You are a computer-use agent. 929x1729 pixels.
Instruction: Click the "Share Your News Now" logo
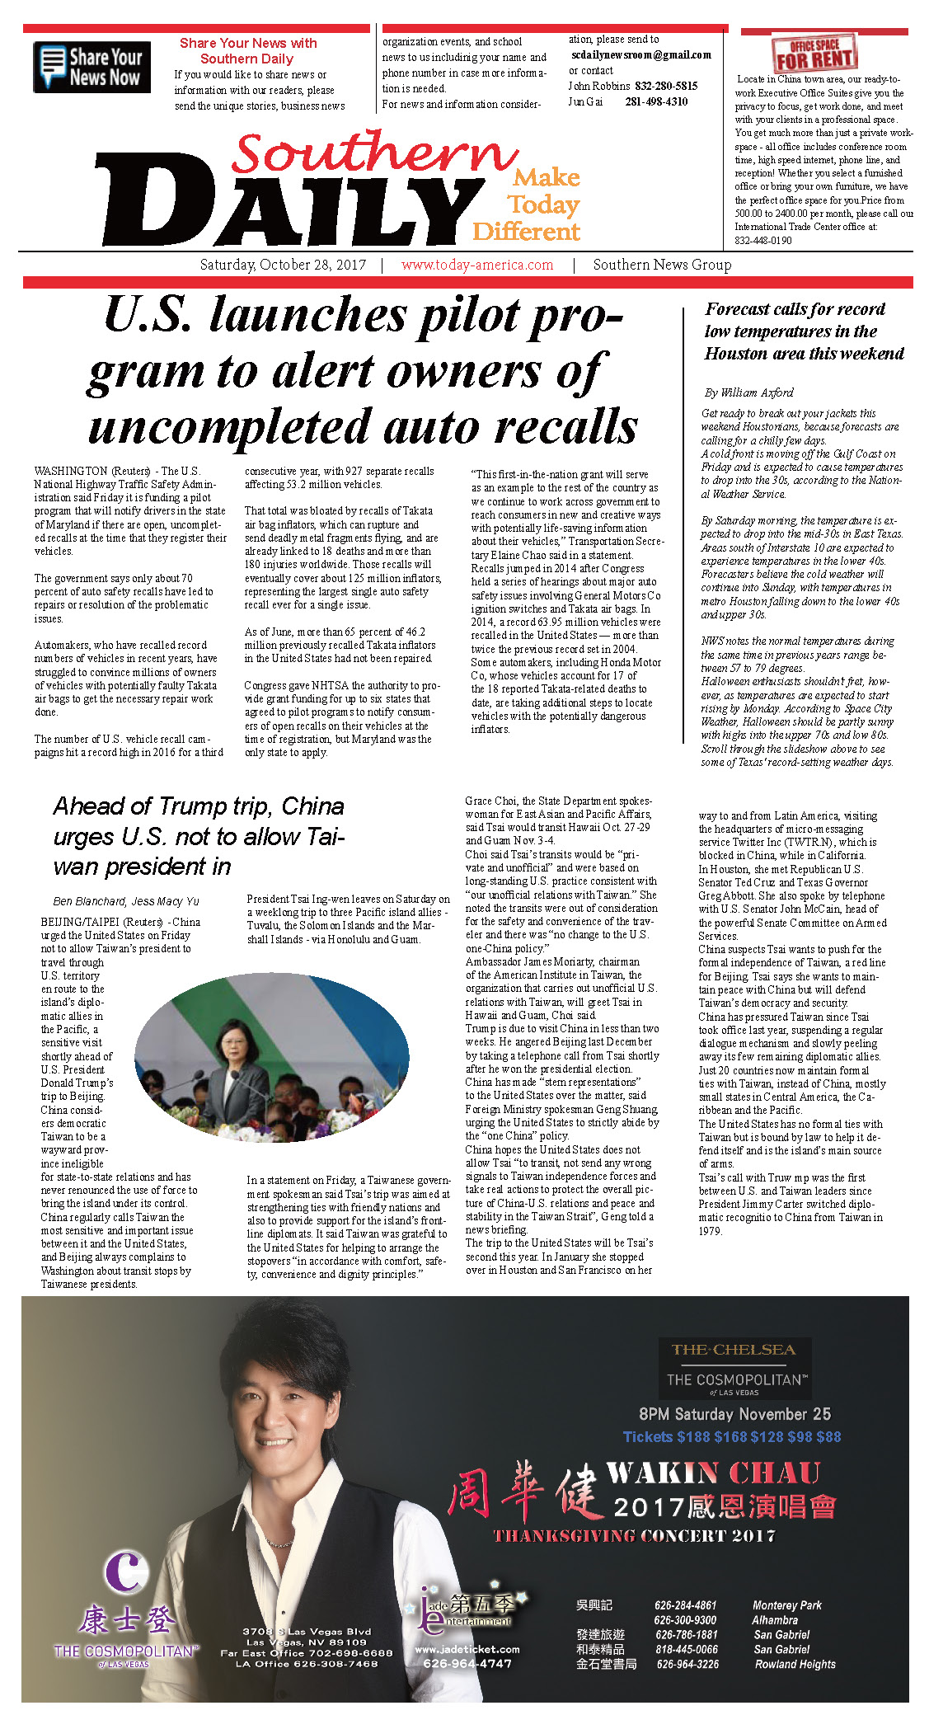tap(91, 67)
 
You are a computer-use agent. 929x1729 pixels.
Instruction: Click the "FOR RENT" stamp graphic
tap(814, 54)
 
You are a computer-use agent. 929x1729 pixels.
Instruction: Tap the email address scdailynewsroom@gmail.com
tap(640, 55)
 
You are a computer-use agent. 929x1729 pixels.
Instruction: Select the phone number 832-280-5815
tap(666, 86)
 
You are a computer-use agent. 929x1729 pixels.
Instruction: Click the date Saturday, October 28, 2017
tap(283, 265)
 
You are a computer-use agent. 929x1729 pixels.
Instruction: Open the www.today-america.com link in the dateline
tap(477, 265)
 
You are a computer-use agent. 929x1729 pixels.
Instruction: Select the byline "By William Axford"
tap(748, 392)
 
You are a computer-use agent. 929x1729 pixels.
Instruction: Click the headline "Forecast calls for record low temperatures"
tap(804, 331)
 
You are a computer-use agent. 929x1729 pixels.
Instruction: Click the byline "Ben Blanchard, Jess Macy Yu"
tap(126, 901)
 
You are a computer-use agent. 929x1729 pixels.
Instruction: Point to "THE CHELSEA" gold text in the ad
tap(733, 1350)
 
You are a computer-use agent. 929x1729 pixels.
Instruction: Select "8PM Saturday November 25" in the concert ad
tap(734, 1414)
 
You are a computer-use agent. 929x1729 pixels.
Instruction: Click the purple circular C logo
tap(126, 1571)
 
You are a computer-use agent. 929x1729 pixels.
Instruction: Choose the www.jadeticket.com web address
tap(467, 1649)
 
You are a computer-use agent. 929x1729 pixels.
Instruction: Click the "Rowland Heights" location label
tap(795, 1664)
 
